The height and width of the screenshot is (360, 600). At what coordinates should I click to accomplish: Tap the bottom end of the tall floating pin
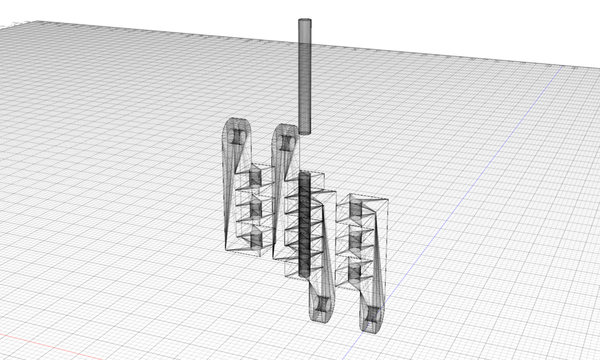[x=304, y=132]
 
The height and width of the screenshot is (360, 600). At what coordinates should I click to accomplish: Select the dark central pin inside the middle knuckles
[x=304, y=225]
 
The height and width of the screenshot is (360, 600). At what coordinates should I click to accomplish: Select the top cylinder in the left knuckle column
[x=255, y=177]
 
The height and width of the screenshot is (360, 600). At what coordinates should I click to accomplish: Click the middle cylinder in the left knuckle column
[x=256, y=209]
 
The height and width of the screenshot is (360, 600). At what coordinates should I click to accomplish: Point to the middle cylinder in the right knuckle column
[x=355, y=241]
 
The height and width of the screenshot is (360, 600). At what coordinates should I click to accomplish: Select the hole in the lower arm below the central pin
[x=322, y=304]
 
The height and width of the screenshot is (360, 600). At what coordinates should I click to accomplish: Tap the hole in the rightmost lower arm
[x=372, y=314]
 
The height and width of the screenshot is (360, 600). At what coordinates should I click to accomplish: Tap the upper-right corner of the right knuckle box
[x=389, y=200]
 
